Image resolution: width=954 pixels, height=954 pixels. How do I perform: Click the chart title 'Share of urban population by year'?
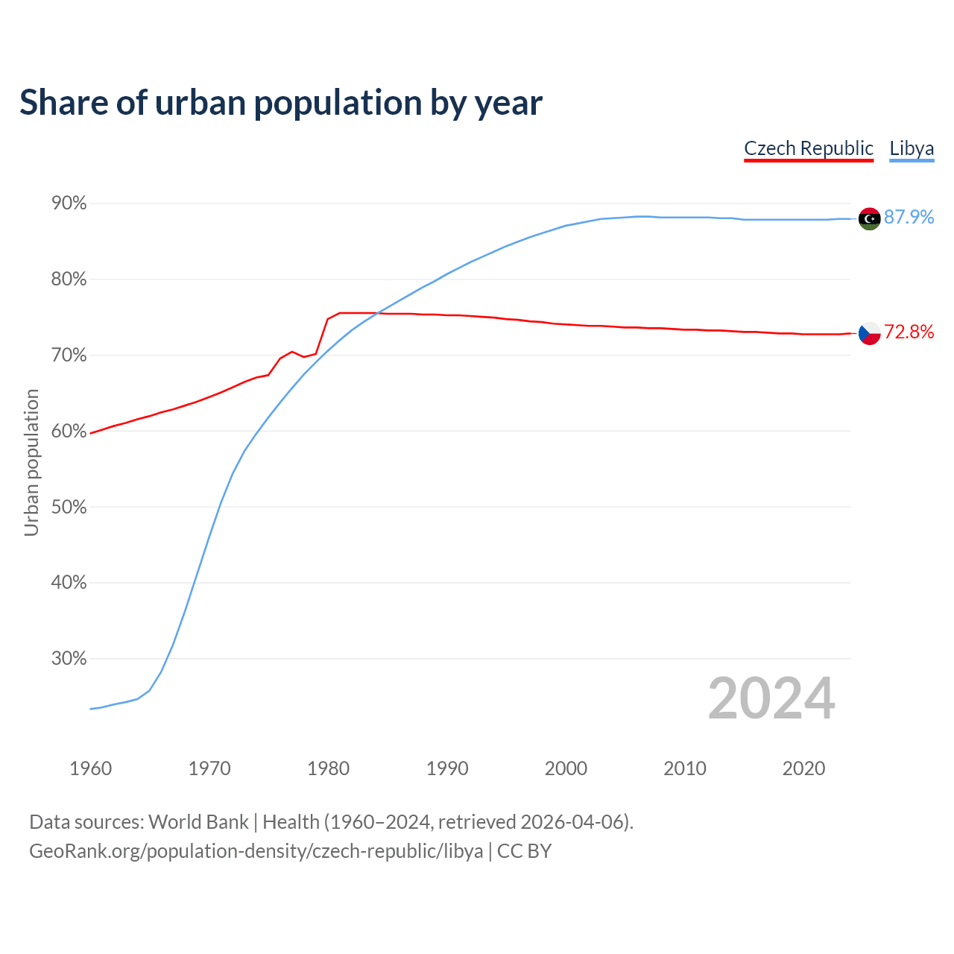pos(281,103)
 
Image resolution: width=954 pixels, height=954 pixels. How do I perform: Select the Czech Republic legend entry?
pos(809,148)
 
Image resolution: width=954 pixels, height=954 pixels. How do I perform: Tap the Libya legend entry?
pos(912,148)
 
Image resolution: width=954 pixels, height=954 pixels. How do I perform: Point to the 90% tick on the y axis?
pos(69,203)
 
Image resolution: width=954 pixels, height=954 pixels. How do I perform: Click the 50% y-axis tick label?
pos(69,508)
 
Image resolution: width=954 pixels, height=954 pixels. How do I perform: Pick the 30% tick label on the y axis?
pos(69,659)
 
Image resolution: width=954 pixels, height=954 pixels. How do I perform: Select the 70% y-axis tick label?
pos(69,356)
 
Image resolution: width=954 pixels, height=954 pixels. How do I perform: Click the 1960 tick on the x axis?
pos(90,768)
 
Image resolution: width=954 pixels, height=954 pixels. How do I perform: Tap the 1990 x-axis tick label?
pos(447,768)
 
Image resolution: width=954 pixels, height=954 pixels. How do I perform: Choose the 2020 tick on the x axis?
pos(803,768)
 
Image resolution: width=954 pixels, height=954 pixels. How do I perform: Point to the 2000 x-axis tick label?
pos(566,768)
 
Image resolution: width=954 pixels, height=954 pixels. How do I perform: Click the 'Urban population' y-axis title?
pos(31,462)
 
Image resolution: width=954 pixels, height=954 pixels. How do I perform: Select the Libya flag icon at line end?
pos(869,218)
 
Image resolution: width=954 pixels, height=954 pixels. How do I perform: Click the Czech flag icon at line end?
pos(869,333)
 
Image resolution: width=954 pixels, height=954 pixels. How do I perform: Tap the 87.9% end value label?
pos(909,217)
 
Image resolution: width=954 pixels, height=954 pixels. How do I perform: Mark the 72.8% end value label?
pos(909,332)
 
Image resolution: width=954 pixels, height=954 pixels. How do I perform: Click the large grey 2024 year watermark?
pos(771,698)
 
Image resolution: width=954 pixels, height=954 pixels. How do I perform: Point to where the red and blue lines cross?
pos(377,313)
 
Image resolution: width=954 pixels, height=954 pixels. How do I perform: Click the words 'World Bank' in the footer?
pos(198,822)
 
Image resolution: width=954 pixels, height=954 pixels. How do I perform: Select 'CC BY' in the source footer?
pos(524,851)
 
